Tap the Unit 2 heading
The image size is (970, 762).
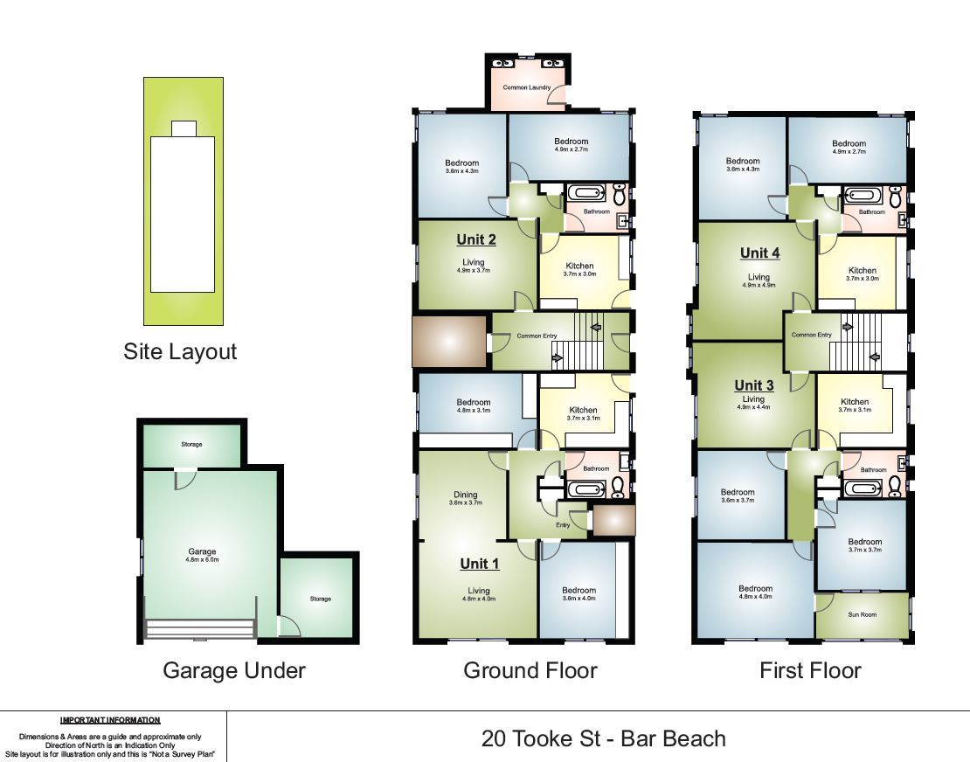pyautogui.click(x=476, y=239)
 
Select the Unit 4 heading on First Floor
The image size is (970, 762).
pyautogui.click(x=759, y=253)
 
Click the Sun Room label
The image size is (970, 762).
pyautogui.click(x=862, y=614)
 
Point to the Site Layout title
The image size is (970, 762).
pyautogui.click(x=180, y=351)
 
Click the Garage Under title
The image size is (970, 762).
pyautogui.click(x=234, y=670)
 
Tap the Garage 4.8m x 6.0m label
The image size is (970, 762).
pyautogui.click(x=202, y=555)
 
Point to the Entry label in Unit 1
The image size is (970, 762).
pyautogui.click(x=563, y=525)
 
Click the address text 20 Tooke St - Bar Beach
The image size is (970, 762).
pyautogui.click(x=603, y=738)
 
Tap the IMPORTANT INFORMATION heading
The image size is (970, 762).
pyautogui.click(x=110, y=720)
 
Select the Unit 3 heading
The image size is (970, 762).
pyautogui.click(x=754, y=385)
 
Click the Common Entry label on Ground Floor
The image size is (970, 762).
pyautogui.click(x=537, y=336)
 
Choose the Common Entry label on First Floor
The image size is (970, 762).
pyautogui.click(x=811, y=335)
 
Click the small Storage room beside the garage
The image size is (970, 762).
pyautogui.click(x=320, y=599)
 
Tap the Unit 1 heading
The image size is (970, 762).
pyautogui.click(x=480, y=564)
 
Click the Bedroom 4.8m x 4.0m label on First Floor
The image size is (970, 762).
pyautogui.click(x=755, y=592)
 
